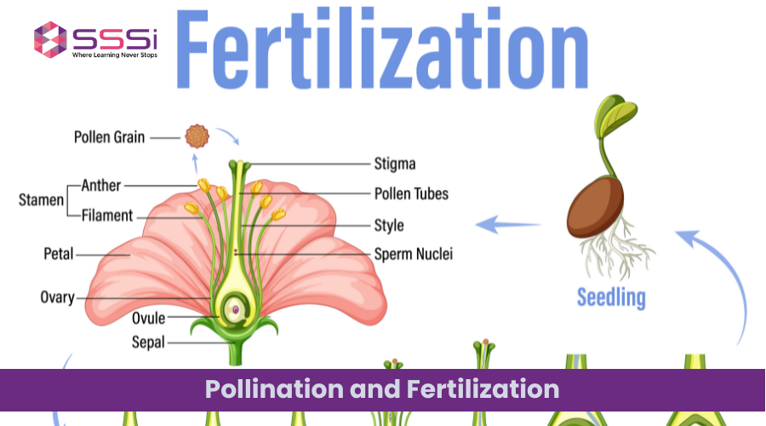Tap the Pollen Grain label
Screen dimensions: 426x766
click(109, 135)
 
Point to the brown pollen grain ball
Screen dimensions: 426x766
click(197, 135)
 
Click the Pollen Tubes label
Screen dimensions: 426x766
click(411, 193)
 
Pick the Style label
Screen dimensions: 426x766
click(389, 226)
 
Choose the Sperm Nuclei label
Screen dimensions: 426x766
click(414, 254)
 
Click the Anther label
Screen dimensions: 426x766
click(102, 185)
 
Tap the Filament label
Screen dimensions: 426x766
click(107, 216)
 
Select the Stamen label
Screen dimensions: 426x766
click(42, 200)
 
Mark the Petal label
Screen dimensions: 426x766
click(59, 253)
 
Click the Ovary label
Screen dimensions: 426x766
click(57, 297)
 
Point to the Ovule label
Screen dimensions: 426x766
click(148, 319)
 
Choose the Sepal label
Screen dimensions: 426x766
click(148, 343)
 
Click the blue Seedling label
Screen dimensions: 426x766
click(611, 297)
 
